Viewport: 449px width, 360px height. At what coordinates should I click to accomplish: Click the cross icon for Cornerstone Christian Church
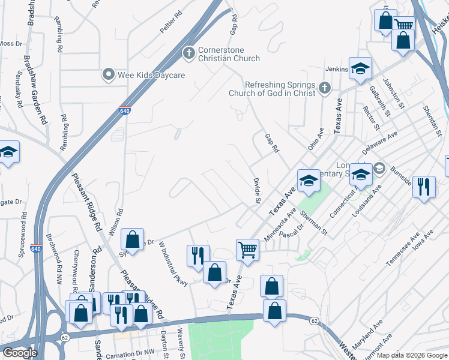[x=188, y=53]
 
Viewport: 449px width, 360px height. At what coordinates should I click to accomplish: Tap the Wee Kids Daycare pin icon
[x=109, y=75]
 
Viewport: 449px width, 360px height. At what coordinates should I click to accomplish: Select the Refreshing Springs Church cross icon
[x=324, y=89]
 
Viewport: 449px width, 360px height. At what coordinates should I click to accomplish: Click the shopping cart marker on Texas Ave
[x=247, y=249]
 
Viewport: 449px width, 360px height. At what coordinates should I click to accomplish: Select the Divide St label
[x=256, y=190]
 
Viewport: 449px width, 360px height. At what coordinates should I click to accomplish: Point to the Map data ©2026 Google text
[x=412, y=355]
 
